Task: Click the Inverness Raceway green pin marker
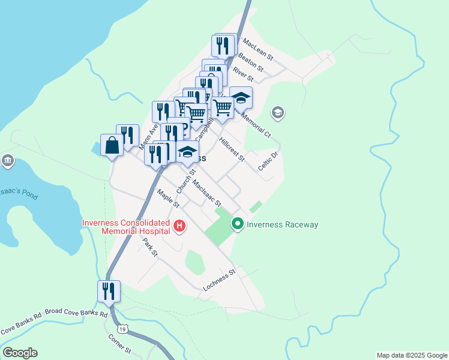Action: [x=238, y=224]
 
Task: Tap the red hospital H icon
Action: [x=179, y=226]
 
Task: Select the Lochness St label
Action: [x=220, y=280]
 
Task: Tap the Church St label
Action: [x=186, y=181]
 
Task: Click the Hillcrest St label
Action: [x=232, y=149]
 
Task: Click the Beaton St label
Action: [x=251, y=61]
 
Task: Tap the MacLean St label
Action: [x=258, y=49]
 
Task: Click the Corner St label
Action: [x=119, y=344]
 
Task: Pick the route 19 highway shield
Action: [x=122, y=329]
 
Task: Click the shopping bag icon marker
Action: [x=112, y=145]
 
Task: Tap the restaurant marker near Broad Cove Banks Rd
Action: [x=109, y=291]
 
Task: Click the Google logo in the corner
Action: [x=20, y=353]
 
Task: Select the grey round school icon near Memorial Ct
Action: [x=277, y=112]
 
